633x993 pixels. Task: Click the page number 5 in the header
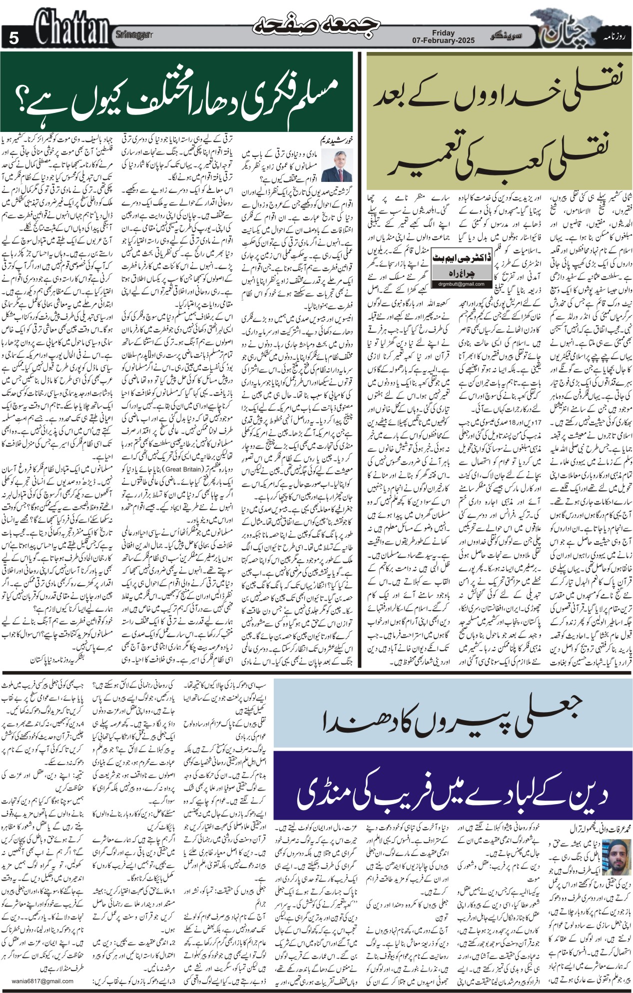(x=13, y=37)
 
